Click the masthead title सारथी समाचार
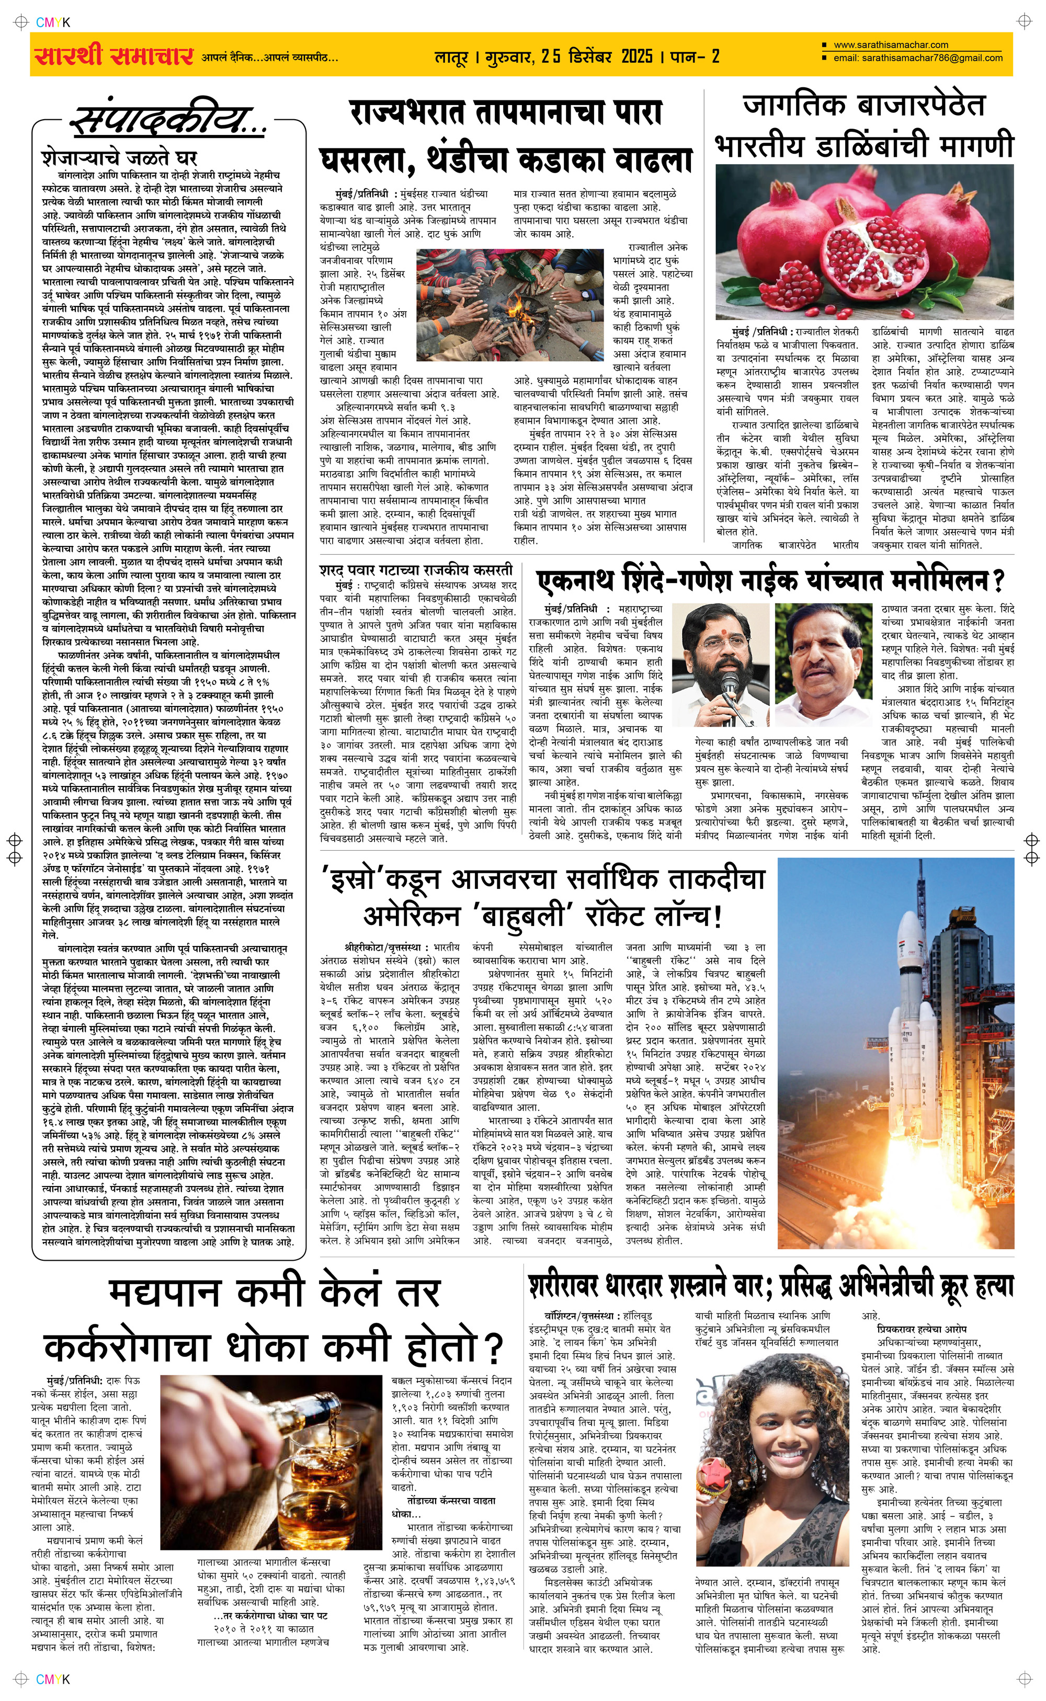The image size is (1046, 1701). pyautogui.click(x=113, y=55)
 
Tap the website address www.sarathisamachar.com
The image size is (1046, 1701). pyautogui.click(x=890, y=45)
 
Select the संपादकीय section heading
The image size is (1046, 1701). pyautogui.click(x=168, y=122)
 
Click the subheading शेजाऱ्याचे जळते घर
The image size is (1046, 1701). pyautogui.click(x=119, y=157)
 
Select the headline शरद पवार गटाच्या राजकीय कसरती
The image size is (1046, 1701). pyautogui.click(x=416, y=570)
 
